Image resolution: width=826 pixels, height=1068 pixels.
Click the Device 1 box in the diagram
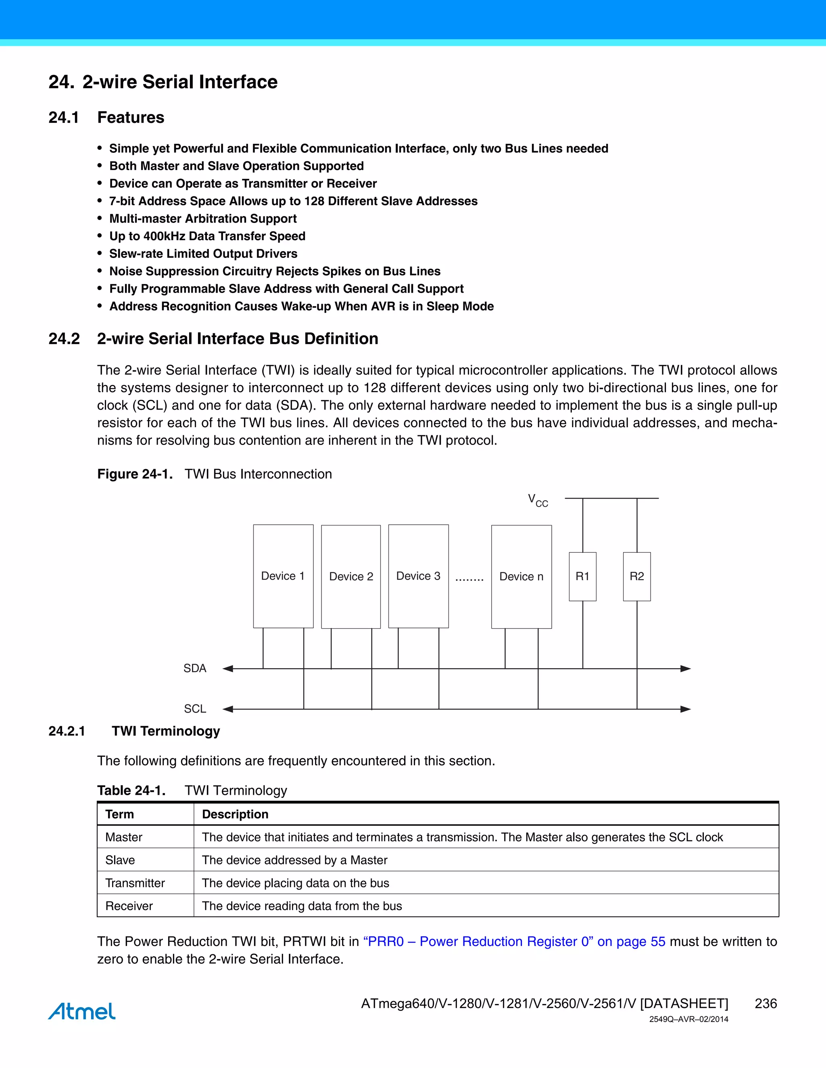coord(283,576)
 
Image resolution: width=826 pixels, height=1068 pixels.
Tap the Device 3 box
coord(418,576)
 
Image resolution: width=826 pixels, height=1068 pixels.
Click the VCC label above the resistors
coord(537,500)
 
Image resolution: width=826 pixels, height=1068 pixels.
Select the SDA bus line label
coord(195,668)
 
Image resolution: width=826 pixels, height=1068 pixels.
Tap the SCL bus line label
coord(195,709)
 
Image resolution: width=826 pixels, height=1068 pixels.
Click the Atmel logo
coord(82,1011)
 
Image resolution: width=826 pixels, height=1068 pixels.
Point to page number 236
coord(766,1004)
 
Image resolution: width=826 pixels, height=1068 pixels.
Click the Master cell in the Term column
coord(124,837)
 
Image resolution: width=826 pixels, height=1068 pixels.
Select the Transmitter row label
coord(135,883)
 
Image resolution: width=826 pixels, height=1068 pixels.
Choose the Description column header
coord(235,814)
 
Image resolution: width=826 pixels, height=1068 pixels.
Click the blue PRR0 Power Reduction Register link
coord(514,941)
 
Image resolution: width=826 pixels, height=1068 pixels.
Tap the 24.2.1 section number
coord(67,731)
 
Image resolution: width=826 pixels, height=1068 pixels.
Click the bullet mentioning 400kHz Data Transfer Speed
coord(207,236)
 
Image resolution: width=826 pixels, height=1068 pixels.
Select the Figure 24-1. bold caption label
coord(135,474)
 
